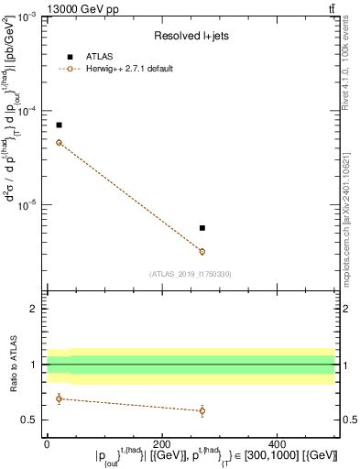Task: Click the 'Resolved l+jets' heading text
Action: [191, 36]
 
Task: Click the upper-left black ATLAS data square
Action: [59, 125]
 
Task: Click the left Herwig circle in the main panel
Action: [59, 142]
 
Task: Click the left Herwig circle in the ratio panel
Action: [59, 398]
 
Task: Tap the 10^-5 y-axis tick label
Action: [27, 204]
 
